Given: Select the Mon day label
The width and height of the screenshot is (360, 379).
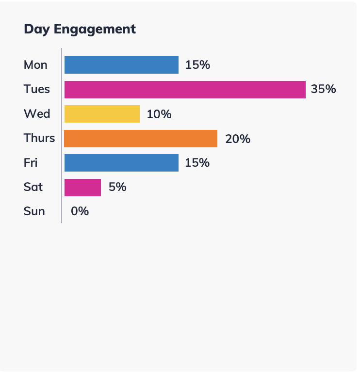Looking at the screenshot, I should pos(35,65).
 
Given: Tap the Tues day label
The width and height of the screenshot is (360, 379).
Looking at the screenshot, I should pos(37,89).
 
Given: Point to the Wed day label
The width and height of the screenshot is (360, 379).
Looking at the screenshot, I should pos(37,114).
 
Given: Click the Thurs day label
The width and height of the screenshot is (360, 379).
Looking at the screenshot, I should pos(39,138).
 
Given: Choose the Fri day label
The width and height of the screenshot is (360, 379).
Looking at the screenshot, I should pos(31,163).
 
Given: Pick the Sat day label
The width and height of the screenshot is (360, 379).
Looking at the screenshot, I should pos(33,187).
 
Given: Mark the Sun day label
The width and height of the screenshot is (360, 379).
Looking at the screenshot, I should pos(34,211).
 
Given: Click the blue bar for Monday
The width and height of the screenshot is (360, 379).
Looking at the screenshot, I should pos(121,65).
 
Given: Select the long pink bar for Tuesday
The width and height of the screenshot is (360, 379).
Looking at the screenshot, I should pos(185,90).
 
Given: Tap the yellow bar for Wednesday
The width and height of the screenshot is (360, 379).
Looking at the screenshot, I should pos(102,114).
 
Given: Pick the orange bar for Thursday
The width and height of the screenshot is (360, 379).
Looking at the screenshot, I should pos(141,139).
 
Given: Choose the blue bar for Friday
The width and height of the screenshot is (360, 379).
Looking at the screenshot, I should pos(121,163).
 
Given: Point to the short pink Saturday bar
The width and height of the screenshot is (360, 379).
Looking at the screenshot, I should pos(82,187).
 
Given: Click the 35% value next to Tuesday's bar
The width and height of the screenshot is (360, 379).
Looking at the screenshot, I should pos(324,89).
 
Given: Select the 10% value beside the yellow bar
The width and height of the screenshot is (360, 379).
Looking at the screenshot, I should pos(159,114).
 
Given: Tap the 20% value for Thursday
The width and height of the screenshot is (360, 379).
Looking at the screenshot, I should pos(237,139).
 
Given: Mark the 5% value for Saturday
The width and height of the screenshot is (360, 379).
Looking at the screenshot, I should pos(117,187).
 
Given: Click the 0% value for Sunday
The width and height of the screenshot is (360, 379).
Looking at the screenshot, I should pos(80,211).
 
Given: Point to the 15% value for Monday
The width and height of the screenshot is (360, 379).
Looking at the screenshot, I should pos(197,65).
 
